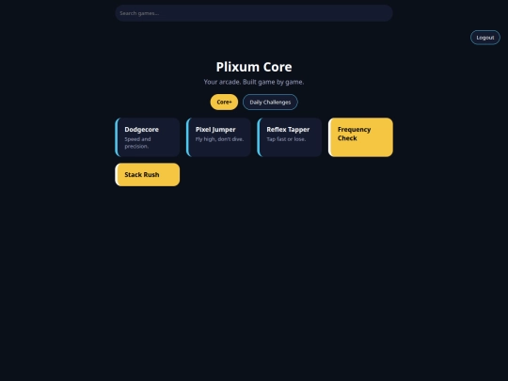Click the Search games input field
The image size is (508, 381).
tap(254, 13)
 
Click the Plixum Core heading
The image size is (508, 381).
tap(254, 67)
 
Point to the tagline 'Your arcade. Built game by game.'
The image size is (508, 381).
tap(254, 82)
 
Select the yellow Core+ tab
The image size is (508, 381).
tap(224, 102)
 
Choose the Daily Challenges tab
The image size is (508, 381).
tap(270, 102)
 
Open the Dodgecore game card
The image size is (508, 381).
tap(148, 137)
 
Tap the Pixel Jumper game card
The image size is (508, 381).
tap(218, 137)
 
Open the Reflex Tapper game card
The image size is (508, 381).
tap(290, 137)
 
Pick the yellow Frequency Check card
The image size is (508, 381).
tap(360, 137)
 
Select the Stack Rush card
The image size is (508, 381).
tap(148, 175)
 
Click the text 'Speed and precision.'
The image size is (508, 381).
tap(137, 143)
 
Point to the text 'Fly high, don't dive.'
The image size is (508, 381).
tap(219, 139)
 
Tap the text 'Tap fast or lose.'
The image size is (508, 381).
tap(286, 139)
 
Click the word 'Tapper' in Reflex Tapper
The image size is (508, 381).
tap(299, 130)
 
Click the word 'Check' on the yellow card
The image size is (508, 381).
tap(347, 138)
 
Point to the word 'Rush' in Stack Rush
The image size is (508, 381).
tap(151, 175)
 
